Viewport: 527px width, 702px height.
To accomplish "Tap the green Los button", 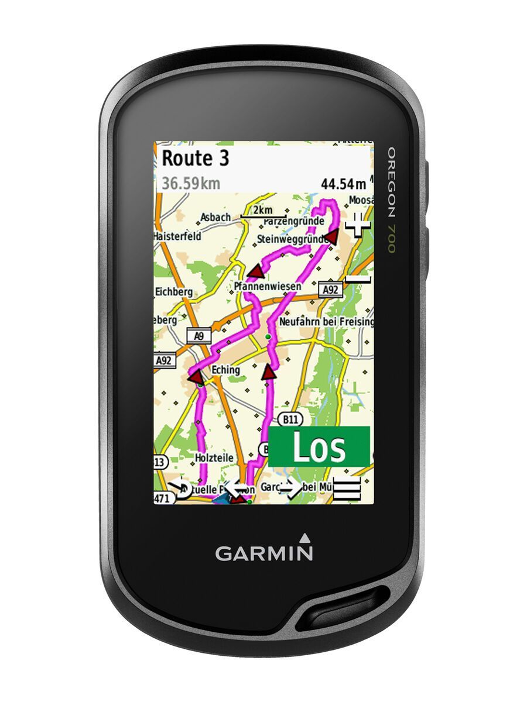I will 319,447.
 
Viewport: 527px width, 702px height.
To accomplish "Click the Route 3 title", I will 195,159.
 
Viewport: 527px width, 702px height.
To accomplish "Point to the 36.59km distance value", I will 191,184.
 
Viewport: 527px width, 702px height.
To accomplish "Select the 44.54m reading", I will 343,184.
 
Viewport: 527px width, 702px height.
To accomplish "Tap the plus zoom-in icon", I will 358,224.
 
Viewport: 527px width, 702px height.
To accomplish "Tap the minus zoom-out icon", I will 358,279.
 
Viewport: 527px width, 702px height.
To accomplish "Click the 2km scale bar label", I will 263,210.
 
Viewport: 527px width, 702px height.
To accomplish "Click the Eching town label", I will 225,370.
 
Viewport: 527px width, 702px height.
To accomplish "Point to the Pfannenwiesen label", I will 268,286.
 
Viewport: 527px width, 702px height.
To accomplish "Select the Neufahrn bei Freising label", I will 326,322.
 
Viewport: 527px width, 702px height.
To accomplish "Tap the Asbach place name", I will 215,218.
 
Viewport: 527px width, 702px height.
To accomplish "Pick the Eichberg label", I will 173,291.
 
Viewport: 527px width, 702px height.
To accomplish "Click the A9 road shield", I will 199,336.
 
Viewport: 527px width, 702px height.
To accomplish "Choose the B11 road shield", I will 288,419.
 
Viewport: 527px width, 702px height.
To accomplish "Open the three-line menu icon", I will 347,489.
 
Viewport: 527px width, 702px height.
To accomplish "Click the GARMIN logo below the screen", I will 263,552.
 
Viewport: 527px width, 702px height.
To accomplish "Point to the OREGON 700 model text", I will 391,199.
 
